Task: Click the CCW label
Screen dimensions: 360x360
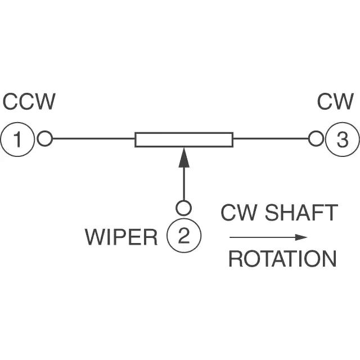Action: [29, 102]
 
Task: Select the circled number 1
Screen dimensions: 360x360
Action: [17, 138]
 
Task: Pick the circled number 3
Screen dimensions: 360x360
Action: [342, 138]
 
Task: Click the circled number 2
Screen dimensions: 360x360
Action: [183, 236]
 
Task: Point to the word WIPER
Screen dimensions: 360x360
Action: [121, 237]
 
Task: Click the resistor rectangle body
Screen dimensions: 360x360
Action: [184, 139]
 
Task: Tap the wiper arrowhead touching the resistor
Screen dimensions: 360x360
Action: [184, 157]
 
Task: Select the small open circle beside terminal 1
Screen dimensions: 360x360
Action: [44, 138]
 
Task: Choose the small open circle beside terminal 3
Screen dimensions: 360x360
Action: [316, 138]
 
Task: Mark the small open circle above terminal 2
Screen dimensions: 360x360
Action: [183, 208]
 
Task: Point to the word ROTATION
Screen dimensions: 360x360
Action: [282, 259]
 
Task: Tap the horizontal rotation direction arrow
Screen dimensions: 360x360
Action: [267, 237]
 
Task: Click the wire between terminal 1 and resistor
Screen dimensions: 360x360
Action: [93, 138]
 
